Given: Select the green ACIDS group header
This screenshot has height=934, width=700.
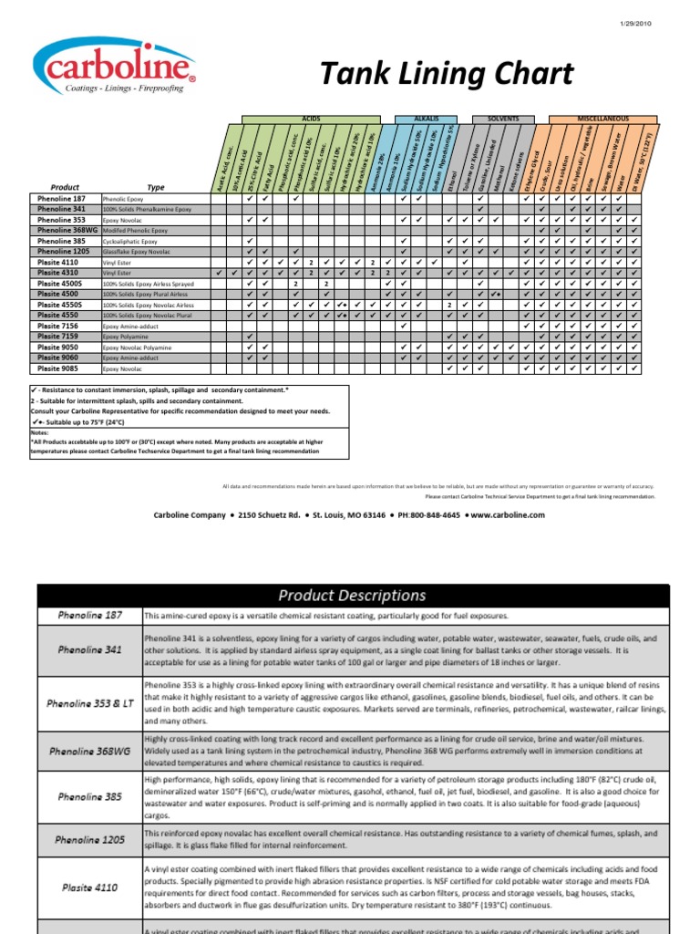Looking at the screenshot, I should (x=311, y=119).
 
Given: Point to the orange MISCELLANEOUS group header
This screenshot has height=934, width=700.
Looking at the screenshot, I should (x=602, y=119).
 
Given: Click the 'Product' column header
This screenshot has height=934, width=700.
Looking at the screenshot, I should (x=65, y=187).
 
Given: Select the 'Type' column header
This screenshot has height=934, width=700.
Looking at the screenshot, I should (x=156, y=187).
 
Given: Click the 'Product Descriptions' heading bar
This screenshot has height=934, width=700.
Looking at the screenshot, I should (x=351, y=596).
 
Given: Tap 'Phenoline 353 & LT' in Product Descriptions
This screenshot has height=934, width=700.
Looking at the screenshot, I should (x=89, y=703).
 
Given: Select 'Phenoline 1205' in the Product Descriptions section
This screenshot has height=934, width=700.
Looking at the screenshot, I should (x=89, y=839).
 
